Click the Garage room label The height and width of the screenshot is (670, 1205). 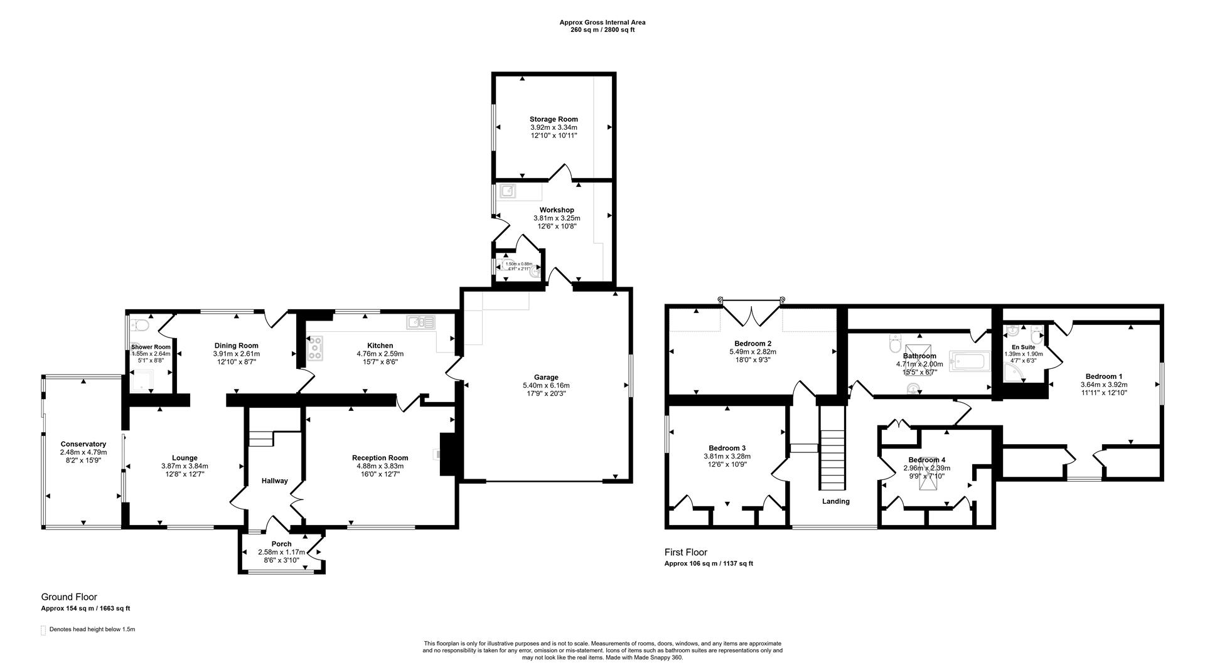point(546,377)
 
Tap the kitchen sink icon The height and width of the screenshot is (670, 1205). point(420,322)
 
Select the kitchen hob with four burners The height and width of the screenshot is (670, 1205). point(315,348)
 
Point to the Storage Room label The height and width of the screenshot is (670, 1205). point(553,119)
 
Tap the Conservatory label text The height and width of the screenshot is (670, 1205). point(83,444)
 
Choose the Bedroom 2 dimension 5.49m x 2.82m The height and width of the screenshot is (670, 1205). point(752,351)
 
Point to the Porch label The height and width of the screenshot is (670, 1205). point(281,544)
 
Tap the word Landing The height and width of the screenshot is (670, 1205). point(835,501)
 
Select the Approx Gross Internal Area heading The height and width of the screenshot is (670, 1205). point(602,23)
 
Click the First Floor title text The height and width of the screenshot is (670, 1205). point(685,552)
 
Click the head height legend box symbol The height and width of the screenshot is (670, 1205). point(43,630)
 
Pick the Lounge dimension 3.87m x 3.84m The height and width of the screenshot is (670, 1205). point(185,466)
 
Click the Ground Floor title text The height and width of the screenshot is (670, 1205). point(69,597)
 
